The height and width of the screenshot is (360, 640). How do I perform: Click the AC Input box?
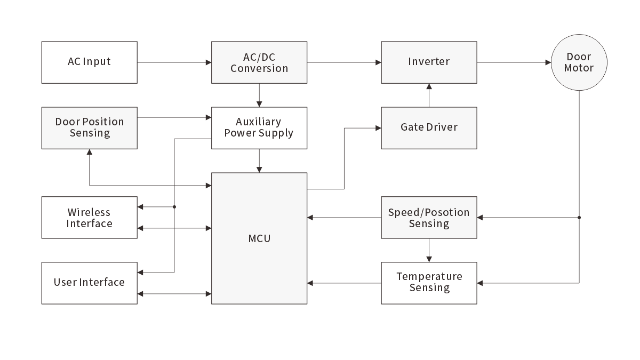pos(89,62)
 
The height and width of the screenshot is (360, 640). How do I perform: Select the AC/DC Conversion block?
pos(259,62)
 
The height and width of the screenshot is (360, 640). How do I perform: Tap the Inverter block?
pos(429,62)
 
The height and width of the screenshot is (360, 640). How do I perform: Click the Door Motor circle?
pos(579,62)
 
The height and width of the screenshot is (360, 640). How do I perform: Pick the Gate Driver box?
pos(429,127)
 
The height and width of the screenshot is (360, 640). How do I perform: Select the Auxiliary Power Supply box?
pos(259,127)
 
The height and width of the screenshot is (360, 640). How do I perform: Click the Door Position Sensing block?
pos(89,127)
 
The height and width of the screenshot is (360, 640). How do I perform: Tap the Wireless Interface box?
pos(89,218)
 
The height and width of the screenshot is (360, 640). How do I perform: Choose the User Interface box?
pos(89,283)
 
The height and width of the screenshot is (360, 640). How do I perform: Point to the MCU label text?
pos(259,238)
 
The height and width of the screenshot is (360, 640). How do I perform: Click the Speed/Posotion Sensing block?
pos(429,218)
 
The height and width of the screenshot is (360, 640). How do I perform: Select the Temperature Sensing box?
pos(429,283)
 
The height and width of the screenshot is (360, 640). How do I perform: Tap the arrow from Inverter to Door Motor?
pos(514,62)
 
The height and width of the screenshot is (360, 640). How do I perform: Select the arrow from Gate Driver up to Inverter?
pos(429,95)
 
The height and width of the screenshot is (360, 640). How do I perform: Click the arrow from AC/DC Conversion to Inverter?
pos(344,62)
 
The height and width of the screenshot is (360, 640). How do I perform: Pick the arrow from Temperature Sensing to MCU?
pos(344,283)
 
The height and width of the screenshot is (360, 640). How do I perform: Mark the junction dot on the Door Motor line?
pos(579,218)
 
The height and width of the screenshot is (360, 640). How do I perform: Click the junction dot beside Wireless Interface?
pos(174,206)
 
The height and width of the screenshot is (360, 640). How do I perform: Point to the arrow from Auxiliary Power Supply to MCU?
pos(259,161)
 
